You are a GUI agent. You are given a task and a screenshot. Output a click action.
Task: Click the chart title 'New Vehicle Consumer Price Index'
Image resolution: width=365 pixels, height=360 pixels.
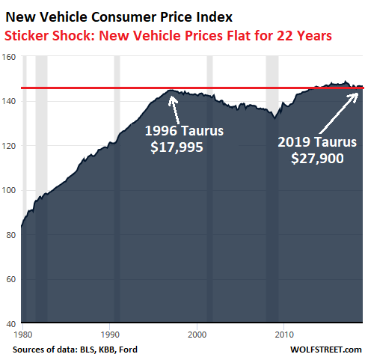coord(119,17)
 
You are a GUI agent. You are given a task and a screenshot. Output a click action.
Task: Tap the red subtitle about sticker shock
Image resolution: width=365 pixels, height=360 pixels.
coord(168,36)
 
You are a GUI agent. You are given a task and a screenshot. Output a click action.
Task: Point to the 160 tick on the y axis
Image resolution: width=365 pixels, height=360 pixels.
coord(9,57)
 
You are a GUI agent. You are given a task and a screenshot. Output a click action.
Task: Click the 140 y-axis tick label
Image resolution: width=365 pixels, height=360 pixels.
coord(9,101)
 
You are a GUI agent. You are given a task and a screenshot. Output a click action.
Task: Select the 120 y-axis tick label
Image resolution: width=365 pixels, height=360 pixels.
coord(9,146)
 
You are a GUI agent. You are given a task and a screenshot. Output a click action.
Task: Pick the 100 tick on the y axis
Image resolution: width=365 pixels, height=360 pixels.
coord(9,190)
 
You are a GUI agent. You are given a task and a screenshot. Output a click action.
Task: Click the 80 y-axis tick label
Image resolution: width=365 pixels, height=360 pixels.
coord(11,235)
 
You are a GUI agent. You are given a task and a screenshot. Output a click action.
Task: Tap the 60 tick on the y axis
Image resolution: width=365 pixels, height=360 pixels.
coord(11,279)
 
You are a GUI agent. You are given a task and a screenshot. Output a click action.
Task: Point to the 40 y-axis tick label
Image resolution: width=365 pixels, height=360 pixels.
coord(11,324)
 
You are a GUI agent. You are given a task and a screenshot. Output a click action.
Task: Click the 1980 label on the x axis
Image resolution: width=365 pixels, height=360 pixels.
coord(23,335)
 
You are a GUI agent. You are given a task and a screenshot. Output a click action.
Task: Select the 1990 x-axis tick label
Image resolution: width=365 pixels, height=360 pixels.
coord(110,335)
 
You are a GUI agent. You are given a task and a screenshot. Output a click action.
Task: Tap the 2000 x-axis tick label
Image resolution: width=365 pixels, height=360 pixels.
coord(197,335)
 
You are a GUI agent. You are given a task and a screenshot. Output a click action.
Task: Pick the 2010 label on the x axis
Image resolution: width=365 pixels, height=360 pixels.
coord(284,335)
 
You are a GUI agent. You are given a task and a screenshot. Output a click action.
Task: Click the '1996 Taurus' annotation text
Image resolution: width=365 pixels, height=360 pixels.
coord(184,131)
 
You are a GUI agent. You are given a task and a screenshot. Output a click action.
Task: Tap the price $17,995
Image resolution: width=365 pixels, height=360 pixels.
coord(177,147)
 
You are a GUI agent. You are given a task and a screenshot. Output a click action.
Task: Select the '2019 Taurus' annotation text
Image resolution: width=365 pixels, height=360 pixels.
coord(317,142)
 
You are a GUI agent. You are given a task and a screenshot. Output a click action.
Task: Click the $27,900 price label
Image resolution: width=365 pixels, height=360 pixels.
coord(317,158)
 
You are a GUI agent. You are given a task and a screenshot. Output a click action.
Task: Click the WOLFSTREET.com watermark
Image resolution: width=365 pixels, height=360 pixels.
coord(326,350)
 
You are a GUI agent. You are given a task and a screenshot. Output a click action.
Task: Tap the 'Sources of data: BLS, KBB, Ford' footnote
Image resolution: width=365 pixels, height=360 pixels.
coord(75,350)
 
